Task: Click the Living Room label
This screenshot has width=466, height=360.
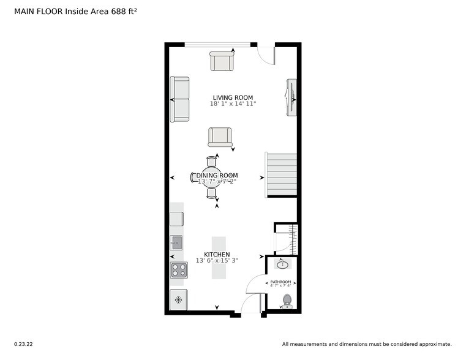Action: [x=233, y=97]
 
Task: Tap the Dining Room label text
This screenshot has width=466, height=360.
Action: [x=217, y=175]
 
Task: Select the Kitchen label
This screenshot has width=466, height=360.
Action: [x=217, y=254]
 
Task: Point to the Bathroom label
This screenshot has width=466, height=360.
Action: [x=281, y=282]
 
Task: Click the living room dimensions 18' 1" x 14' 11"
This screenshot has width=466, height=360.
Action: [x=233, y=104]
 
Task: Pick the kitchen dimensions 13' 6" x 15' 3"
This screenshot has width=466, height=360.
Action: [x=217, y=261]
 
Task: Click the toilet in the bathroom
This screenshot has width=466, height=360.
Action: [x=286, y=300]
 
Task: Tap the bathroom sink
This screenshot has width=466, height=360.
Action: [x=282, y=264]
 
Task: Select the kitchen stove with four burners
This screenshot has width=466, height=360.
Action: [x=179, y=270]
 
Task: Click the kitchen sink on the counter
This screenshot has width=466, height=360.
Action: [x=176, y=242]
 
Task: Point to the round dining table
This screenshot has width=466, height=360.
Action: [x=212, y=178]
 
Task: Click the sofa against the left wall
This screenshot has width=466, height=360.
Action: [x=180, y=99]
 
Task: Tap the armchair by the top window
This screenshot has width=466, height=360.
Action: [x=222, y=61]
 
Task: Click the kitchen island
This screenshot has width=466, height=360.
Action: [x=219, y=258]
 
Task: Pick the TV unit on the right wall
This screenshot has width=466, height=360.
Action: [x=291, y=97]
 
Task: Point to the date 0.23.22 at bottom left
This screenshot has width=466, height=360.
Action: [x=23, y=344]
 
